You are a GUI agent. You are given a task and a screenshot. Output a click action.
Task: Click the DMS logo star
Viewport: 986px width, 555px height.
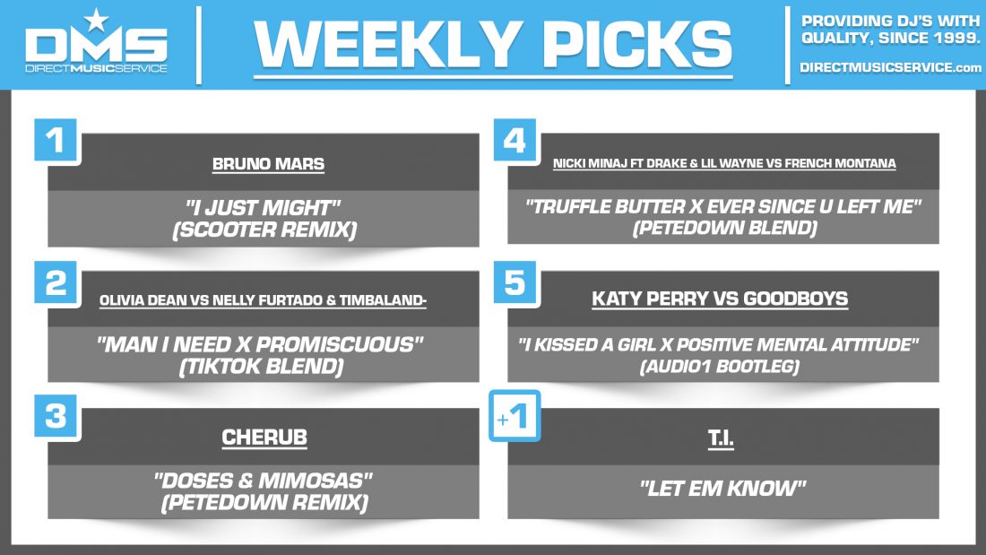pyautogui.click(x=95, y=19)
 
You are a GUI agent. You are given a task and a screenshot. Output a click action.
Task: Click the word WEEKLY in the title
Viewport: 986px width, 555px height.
pyautogui.click(x=376, y=44)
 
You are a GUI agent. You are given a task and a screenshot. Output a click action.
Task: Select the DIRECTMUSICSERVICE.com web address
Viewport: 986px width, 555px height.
pyautogui.click(x=890, y=68)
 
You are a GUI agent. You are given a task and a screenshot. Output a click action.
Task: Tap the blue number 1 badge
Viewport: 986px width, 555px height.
pyautogui.click(x=57, y=141)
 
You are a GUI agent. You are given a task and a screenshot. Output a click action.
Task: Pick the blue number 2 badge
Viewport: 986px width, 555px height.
pyautogui.click(x=57, y=282)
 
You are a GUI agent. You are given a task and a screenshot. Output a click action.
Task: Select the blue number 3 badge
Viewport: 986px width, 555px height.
pyautogui.click(x=57, y=418)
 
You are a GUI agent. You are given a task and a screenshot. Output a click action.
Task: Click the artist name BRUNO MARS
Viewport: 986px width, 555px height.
pyautogui.click(x=268, y=164)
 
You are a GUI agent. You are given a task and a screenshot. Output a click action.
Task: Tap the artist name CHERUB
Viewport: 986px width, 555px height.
pyautogui.click(x=264, y=438)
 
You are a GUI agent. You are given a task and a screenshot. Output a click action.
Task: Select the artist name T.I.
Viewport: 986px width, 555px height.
pyautogui.click(x=723, y=438)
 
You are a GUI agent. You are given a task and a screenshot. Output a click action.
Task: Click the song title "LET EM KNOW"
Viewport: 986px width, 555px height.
pyautogui.click(x=722, y=490)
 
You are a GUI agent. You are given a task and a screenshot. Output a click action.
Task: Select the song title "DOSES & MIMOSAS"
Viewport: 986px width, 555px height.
pyautogui.click(x=264, y=480)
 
